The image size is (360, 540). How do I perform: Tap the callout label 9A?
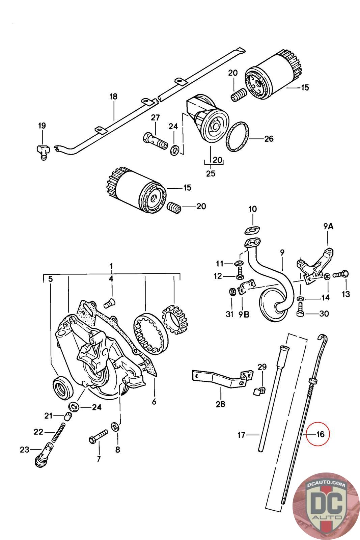(328, 226)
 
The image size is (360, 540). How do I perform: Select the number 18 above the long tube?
(113, 97)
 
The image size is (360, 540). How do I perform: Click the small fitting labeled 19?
(43, 151)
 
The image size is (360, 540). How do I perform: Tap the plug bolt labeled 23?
(44, 454)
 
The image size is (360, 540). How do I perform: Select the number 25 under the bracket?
(211, 173)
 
